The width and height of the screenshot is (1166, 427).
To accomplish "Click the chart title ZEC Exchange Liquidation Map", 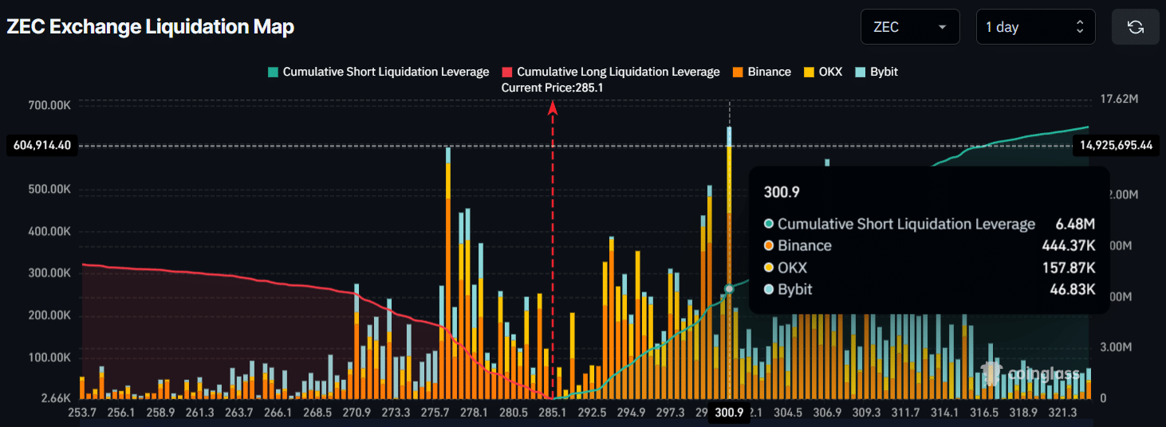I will pos(151,27).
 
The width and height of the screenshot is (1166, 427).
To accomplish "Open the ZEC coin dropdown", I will pos(909,27).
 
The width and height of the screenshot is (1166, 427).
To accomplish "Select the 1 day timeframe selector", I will pos(1035,27).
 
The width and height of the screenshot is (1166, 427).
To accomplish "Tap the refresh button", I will pos(1136,27).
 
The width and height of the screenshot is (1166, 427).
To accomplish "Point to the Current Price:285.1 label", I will pos(552,88).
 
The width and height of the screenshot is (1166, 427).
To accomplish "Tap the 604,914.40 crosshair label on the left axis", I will pos(42,146).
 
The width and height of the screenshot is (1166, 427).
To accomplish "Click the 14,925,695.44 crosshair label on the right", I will pos(1117,145).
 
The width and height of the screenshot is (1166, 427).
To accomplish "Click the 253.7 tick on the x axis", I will pos(82,412).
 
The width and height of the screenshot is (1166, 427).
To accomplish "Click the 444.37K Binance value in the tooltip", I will pos(1068,246).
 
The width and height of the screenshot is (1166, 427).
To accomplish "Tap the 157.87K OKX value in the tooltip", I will pos(1069,268).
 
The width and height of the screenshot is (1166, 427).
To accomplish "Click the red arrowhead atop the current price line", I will pos(552,107).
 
